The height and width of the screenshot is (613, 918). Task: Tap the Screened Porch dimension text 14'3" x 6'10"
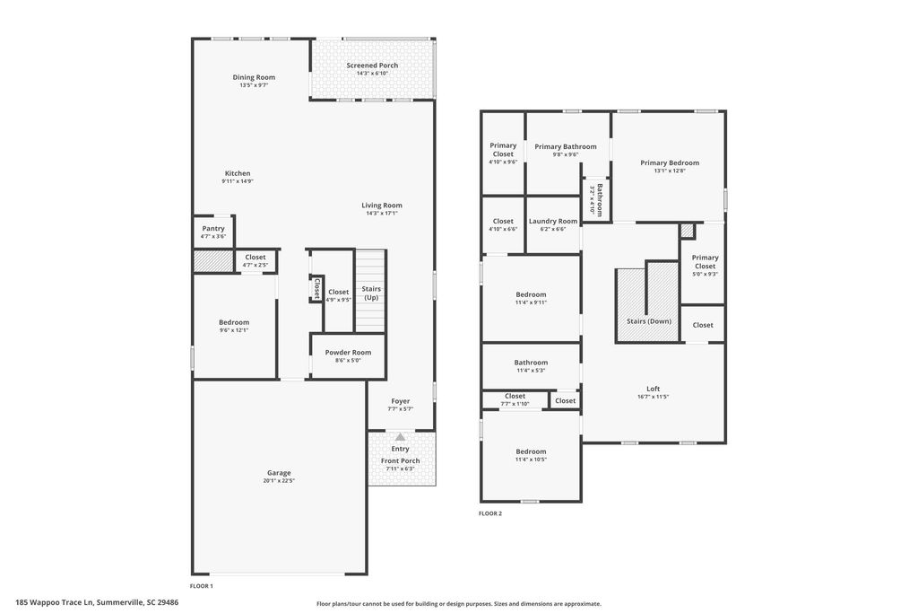coord(372,74)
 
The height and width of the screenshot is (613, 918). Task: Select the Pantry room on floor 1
coord(213,232)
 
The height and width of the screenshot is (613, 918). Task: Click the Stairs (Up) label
coord(371,293)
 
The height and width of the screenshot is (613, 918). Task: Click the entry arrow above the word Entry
coord(400,437)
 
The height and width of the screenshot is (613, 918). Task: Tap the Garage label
coord(279,473)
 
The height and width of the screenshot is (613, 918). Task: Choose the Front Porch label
coord(400,460)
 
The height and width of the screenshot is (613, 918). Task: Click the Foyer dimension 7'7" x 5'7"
coord(400,409)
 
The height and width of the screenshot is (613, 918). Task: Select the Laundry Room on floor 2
coord(553,224)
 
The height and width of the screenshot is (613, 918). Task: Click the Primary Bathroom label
coord(566,146)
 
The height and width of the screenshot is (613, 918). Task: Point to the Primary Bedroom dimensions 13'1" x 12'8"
coord(670,171)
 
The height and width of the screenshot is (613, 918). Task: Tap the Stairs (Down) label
coord(648,320)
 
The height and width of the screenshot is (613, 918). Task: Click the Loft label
coord(653,389)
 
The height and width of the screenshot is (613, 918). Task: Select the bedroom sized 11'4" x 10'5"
coord(531,455)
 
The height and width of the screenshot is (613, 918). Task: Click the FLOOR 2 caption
coord(490,513)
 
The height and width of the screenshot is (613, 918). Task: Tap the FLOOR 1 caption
coord(202,586)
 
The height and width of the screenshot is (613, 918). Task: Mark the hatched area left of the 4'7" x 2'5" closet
coord(213,260)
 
